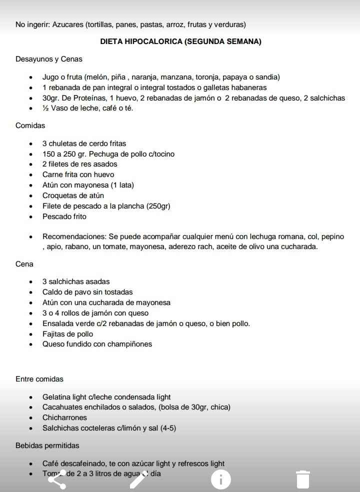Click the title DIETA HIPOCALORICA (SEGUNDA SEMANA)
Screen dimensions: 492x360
point(180,41)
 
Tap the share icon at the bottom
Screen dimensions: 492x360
point(56,479)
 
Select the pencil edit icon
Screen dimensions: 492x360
point(138,479)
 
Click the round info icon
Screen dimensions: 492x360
point(220,479)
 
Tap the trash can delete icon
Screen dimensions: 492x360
point(302,479)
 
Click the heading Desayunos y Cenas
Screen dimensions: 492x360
point(49,59)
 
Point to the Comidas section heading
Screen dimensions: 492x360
point(30,125)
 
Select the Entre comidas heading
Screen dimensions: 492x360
point(39,379)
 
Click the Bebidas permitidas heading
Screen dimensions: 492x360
point(47,445)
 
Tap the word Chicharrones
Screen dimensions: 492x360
point(64,417)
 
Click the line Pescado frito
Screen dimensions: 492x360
point(64,216)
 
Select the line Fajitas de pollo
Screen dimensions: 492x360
point(67,334)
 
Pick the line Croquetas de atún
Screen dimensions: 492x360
point(73,195)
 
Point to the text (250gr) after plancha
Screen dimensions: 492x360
point(158,206)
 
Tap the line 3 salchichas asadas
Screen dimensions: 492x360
point(76,281)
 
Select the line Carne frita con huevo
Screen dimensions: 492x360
point(78,174)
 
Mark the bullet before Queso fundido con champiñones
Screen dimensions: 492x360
point(31,344)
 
